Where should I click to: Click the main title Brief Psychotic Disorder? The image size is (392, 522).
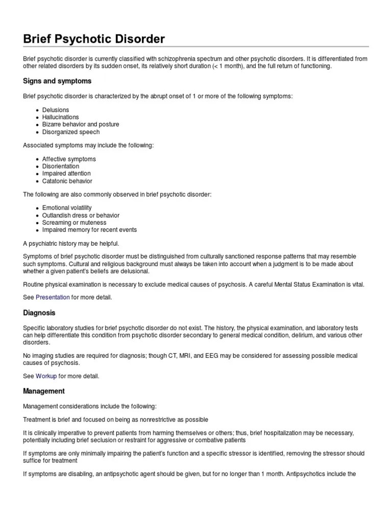[94, 39]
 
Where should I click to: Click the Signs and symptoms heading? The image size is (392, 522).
[57, 81]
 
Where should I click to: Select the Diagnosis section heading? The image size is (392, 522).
[39, 312]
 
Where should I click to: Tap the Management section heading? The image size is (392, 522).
[44, 391]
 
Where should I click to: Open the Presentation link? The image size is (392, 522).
[53, 297]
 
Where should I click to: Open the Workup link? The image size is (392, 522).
[46, 376]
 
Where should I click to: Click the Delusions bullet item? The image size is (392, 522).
[56, 110]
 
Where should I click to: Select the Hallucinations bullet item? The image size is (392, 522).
[61, 117]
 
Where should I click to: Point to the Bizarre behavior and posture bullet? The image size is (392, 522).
[81, 124]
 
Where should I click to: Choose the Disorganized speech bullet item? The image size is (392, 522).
[71, 132]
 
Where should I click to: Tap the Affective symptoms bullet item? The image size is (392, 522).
[69, 159]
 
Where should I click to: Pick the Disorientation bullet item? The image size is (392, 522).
[61, 166]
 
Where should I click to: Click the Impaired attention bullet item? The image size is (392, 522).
[66, 173]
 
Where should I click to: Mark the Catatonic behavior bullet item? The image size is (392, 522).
[67, 181]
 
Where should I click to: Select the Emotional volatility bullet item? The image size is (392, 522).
[67, 208]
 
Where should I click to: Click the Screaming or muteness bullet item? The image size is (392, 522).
[74, 223]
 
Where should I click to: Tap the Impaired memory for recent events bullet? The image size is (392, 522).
[89, 230]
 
